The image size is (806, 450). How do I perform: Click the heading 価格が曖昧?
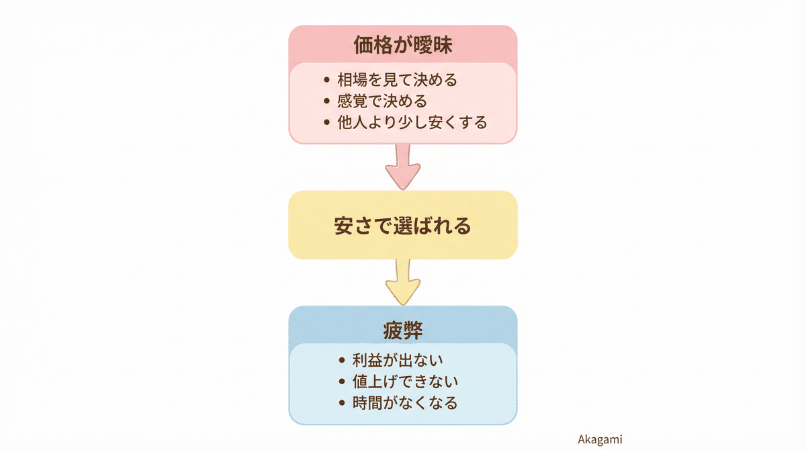click(402, 45)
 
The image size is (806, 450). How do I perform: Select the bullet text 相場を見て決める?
click(397, 80)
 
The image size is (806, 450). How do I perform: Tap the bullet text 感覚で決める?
click(382, 101)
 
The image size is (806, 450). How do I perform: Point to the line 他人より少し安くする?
click(412, 123)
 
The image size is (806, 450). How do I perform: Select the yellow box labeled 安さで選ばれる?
click(403, 226)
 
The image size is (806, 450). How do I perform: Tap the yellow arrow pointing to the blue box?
click(403, 282)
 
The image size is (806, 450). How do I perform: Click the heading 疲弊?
click(403, 330)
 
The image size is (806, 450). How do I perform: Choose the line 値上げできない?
click(405, 381)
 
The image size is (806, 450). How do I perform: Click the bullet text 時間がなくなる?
click(405, 403)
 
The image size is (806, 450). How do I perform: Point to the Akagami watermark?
click(600, 440)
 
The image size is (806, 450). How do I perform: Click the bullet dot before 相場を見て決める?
click(326, 81)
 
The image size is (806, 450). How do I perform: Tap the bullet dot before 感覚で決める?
click(326, 102)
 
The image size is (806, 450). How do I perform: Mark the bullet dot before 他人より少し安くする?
click(326, 124)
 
